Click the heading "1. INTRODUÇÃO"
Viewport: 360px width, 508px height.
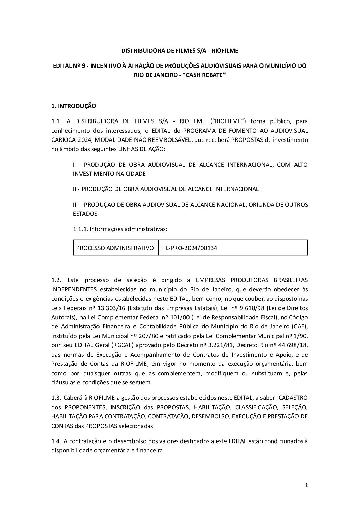[x=73, y=106]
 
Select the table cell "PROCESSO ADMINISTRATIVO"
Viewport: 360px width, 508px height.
[x=115, y=248]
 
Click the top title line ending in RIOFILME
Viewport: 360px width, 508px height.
[x=180, y=51]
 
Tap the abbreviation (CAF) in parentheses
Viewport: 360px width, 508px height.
[x=300, y=326]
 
